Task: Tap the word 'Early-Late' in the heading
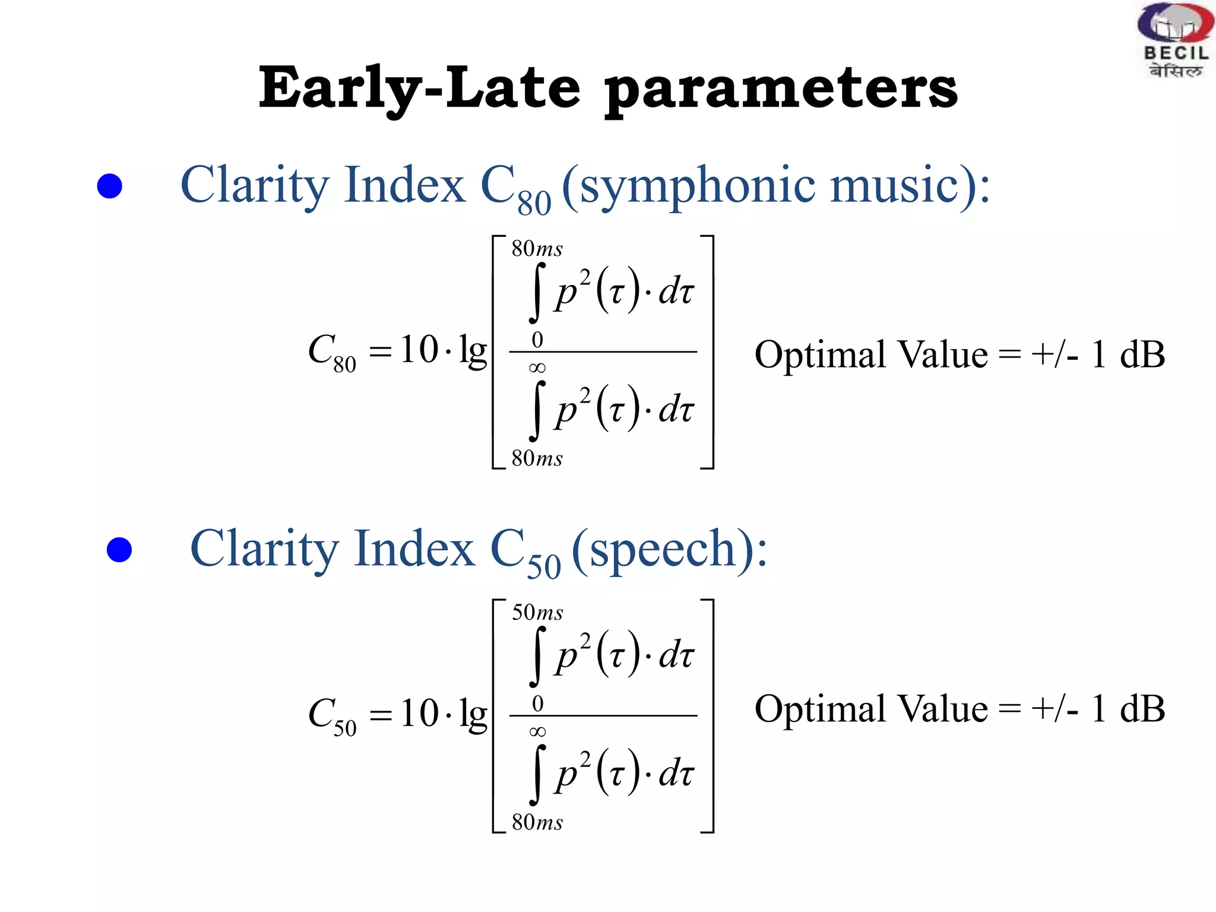click(419, 89)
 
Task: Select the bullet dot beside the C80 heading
click(110, 186)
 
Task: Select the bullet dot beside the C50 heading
click(119, 550)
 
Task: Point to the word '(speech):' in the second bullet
click(670, 550)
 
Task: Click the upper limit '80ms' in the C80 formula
click(537, 249)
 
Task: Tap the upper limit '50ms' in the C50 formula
click(537, 613)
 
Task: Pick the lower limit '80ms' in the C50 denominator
click(537, 822)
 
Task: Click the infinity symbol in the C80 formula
click(537, 368)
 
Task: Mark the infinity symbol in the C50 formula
click(537, 731)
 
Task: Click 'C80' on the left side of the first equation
click(332, 351)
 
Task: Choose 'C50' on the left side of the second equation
click(332, 715)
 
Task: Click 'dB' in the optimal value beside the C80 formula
click(1142, 354)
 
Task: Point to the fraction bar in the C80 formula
click(603, 352)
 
